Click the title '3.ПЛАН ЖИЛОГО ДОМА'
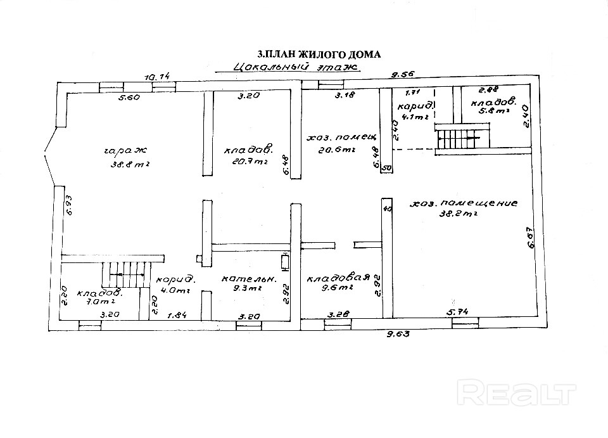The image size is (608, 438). (317, 55)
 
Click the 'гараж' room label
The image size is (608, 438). (124, 151)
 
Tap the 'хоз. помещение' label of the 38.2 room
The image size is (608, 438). (464, 204)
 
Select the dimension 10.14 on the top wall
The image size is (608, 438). (158, 77)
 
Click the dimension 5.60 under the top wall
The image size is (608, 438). (128, 98)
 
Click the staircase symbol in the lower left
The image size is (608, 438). (124, 278)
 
